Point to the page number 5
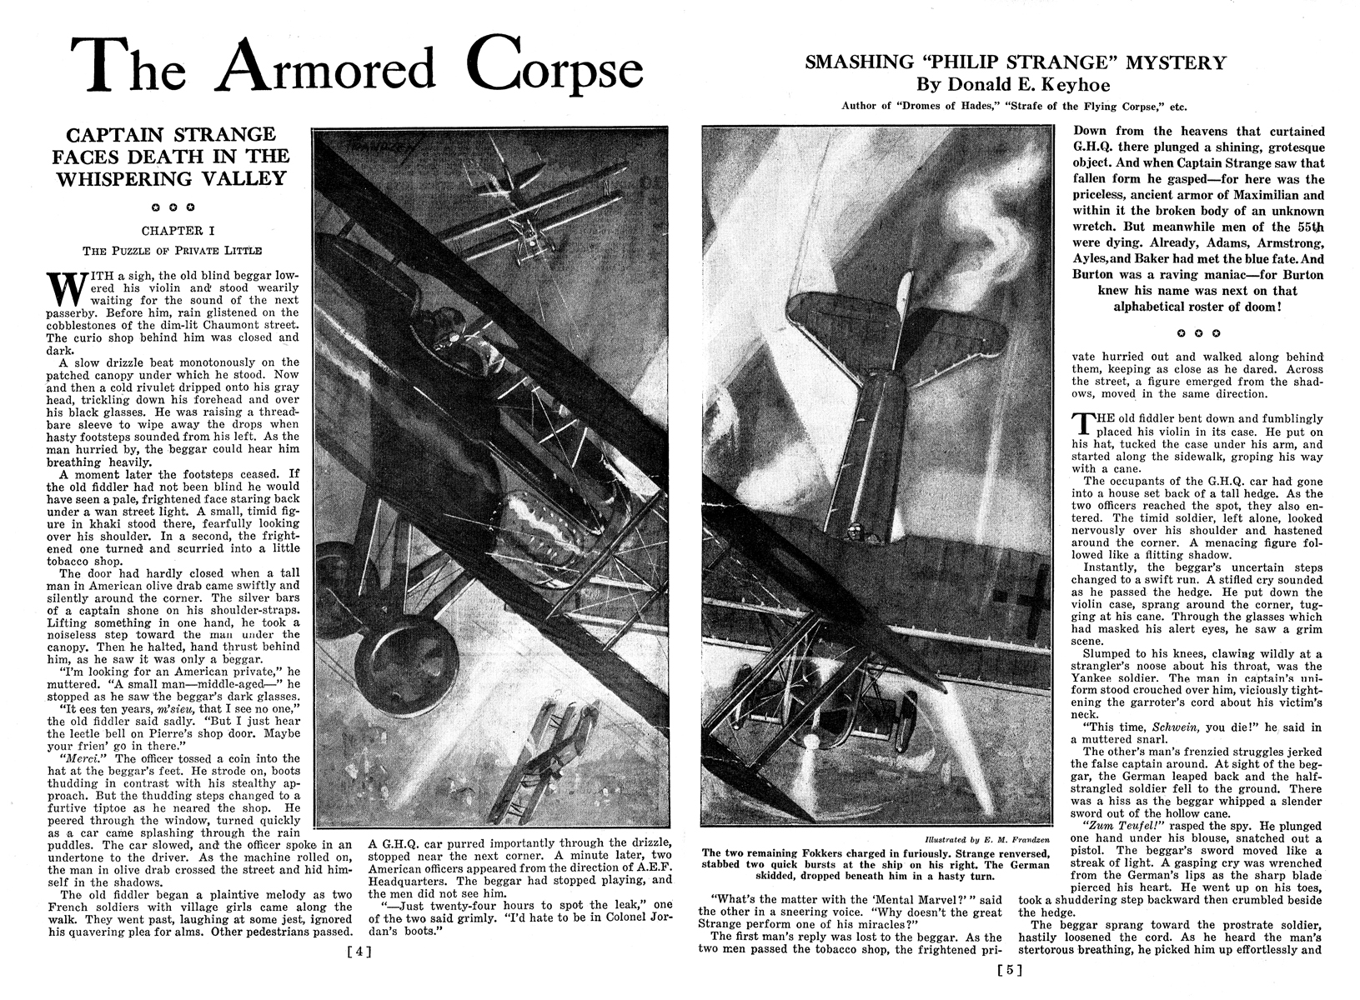[x=1009, y=969]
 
